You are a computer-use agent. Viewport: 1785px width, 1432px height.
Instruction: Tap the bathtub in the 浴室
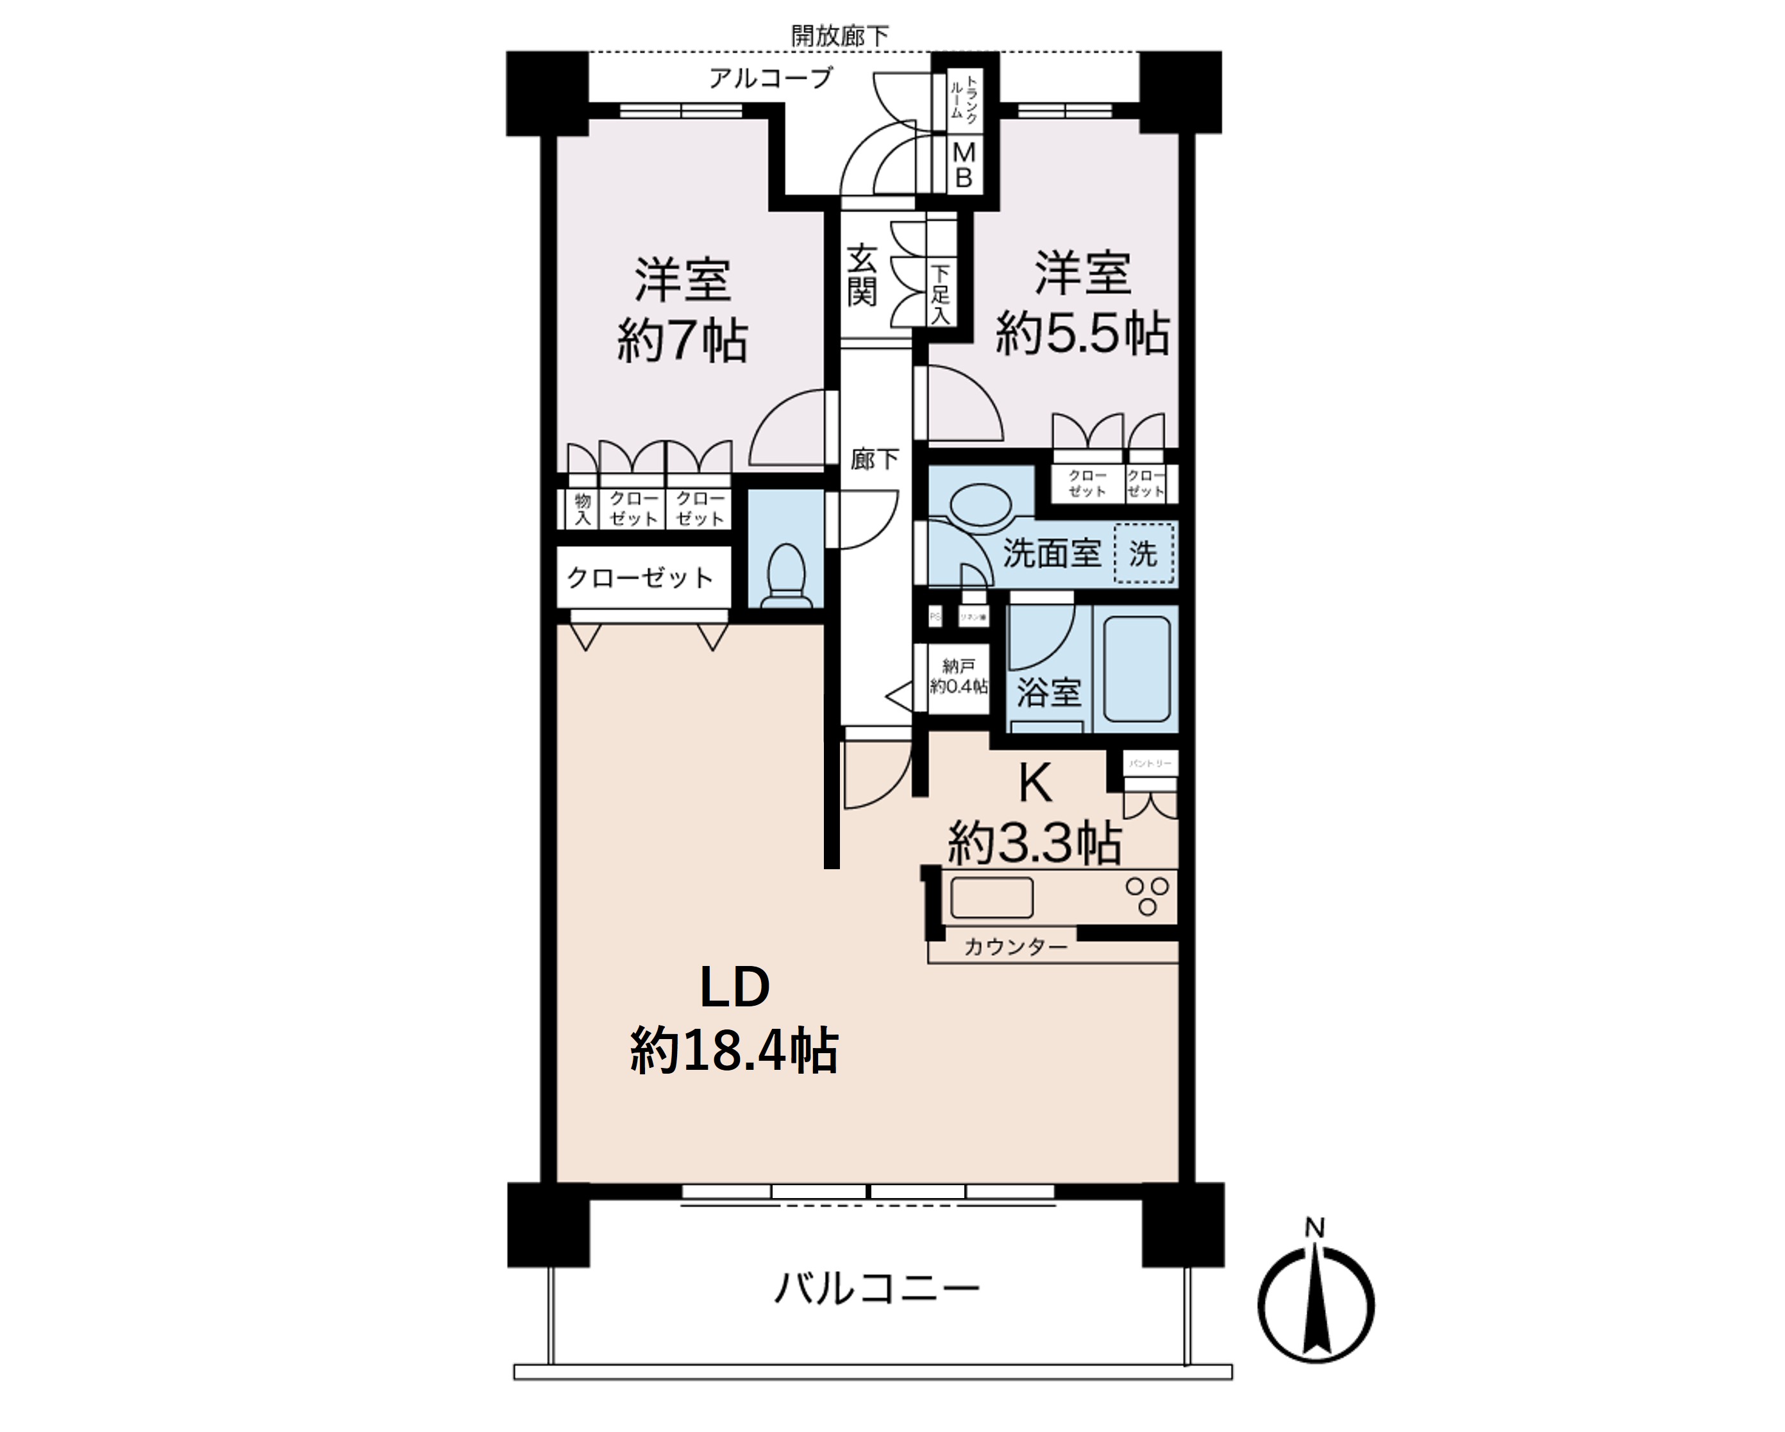pyautogui.click(x=1136, y=669)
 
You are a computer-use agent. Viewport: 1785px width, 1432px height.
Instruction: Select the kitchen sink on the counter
pyautogui.click(x=991, y=897)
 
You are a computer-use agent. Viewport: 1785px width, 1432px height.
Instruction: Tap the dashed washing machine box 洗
pyautogui.click(x=1143, y=553)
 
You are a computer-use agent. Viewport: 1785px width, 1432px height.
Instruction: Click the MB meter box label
pyautogui.click(x=964, y=165)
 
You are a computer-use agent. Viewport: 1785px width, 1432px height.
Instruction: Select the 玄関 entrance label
pyautogui.click(x=861, y=276)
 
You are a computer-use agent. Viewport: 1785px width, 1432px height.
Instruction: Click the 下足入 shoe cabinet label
pyautogui.click(x=940, y=294)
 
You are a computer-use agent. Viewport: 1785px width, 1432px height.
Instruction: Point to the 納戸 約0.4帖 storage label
pyautogui.click(x=959, y=676)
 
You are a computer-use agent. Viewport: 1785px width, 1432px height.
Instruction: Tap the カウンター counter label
pyautogui.click(x=1015, y=947)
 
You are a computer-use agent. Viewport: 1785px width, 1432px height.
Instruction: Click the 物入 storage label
pyautogui.click(x=583, y=508)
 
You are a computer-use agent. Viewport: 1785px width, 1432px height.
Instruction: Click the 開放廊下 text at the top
pyautogui.click(x=839, y=36)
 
